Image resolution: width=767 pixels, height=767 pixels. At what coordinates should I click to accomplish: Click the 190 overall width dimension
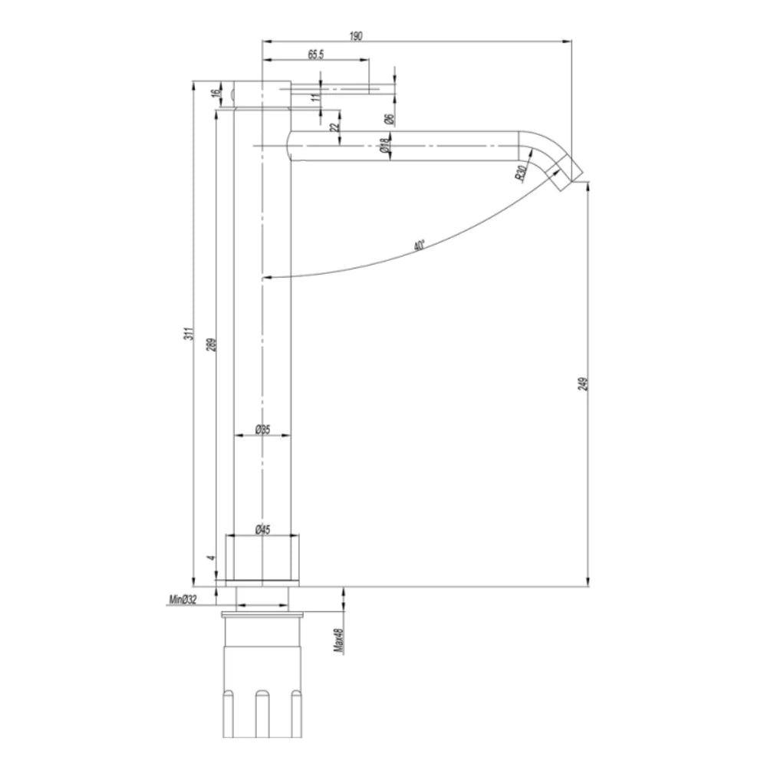point(356,35)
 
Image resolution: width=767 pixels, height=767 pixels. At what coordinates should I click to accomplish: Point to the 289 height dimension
point(211,344)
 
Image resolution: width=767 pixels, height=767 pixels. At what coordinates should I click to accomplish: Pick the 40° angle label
point(418,245)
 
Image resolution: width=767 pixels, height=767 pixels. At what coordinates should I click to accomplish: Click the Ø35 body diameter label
point(262,430)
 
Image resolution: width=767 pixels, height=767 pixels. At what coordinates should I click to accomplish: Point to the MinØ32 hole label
point(183,600)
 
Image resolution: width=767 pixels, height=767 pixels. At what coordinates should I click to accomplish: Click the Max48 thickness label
point(337,640)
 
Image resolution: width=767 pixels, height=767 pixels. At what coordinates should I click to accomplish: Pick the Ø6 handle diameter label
point(389,119)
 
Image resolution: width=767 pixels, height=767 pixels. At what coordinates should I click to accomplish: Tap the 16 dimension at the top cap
point(216,92)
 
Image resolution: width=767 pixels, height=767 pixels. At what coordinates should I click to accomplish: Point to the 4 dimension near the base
point(212,557)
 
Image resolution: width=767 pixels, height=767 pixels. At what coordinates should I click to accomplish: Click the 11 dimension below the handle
point(314,97)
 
